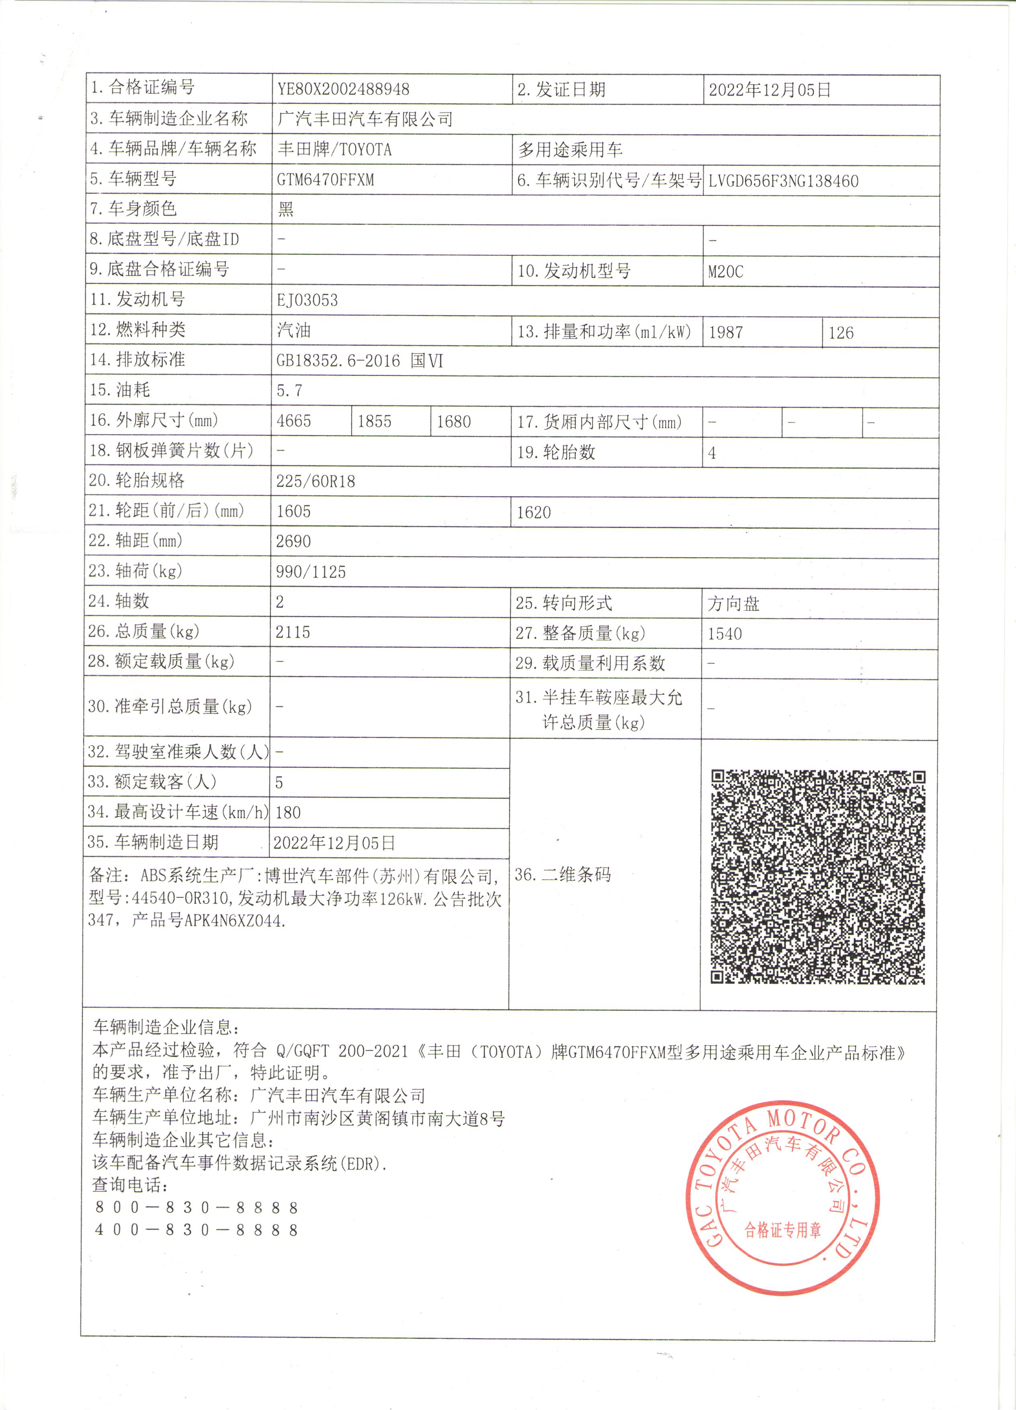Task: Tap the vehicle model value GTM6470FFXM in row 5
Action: pyautogui.click(x=325, y=180)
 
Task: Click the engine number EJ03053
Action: pyautogui.click(x=307, y=300)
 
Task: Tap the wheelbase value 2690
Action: pyautogui.click(x=293, y=541)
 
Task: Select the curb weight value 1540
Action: pyautogui.click(x=725, y=634)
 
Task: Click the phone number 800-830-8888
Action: pyautogui.click(x=197, y=1207)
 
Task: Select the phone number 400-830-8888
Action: pyautogui.click(x=197, y=1230)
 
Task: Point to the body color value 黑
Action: pyautogui.click(x=286, y=209)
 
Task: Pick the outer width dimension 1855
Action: pyautogui.click(x=374, y=421)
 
